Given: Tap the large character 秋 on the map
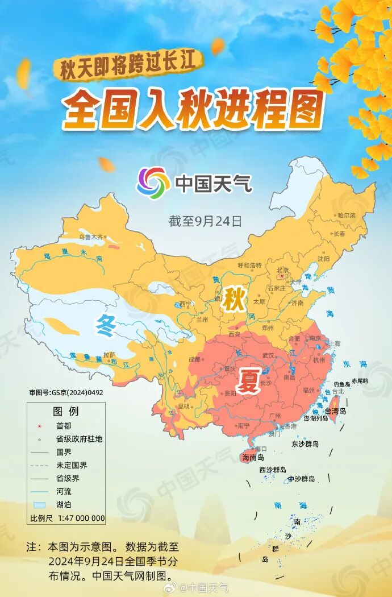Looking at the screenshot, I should click(x=233, y=300).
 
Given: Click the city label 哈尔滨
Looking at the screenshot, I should click(x=346, y=215).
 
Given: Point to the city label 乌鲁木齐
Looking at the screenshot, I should click(x=92, y=237).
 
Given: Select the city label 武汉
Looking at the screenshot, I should click(x=268, y=355).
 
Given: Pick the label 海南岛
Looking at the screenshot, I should click(x=253, y=457).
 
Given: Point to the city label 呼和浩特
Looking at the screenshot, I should click(x=249, y=265).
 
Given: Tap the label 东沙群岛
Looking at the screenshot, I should click(x=305, y=443).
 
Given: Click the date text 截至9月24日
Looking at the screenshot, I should click(x=205, y=221).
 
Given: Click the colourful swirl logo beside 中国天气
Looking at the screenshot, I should click(x=153, y=183).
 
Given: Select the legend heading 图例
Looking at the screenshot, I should click(x=66, y=411).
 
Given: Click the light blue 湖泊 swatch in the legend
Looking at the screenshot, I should click(x=39, y=504).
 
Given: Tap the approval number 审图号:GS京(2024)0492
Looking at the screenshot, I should click(x=66, y=392).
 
